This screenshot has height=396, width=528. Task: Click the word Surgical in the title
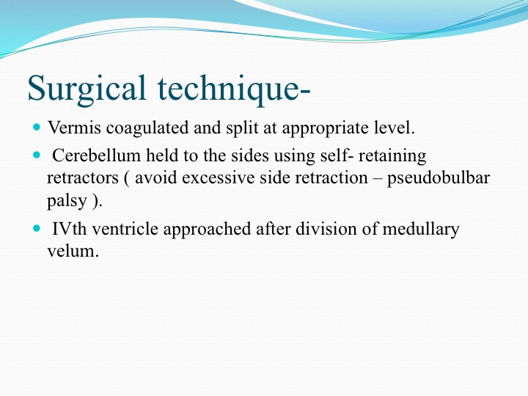pyautogui.click(x=87, y=88)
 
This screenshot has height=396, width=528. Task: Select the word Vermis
pyautogui.click(x=74, y=128)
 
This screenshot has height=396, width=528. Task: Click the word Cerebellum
pyautogui.click(x=96, y=155)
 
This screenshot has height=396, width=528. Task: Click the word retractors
pyautogui.click(x=83, y=177)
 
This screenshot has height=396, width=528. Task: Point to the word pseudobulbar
pyautogui.click(x=439, y=177)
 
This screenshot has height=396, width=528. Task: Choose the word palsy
pyautogui.click(x=67, y=201)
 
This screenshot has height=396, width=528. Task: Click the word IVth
pyautogui.click(x=70, y=229)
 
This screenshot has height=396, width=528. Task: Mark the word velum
pyautogui.click(x=73, y=251)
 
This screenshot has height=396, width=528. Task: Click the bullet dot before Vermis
pyautogui.click(x=37, y=127)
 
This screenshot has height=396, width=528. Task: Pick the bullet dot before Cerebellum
pyautogui.click(x=37, y=155)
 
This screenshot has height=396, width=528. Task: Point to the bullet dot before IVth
pyautogui.click(x=37, y=228)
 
